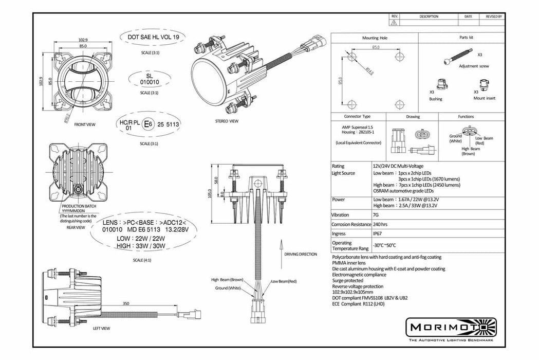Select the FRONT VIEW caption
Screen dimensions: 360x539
[84, 125]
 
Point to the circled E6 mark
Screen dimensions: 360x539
[148, 124]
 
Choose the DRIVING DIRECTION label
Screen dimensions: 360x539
[300, 254]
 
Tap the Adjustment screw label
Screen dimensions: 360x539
[474, 66]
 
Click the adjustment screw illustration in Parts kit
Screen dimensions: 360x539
[457, 56]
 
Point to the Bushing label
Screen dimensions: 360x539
[436, 99]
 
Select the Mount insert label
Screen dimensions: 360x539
[484, 98]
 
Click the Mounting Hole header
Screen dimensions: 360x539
[375, 38]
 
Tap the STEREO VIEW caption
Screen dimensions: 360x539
[227, 121]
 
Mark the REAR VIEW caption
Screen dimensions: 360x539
[76, 227]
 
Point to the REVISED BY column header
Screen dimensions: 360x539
[493, 16]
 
